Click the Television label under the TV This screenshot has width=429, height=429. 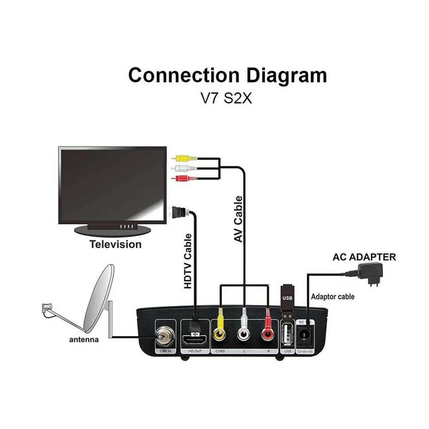(115, 245)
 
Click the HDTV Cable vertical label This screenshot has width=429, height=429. (187, 261)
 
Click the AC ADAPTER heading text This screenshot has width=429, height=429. (364, 258)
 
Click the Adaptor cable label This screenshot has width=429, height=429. (333, 297)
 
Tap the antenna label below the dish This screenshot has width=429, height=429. (84, 339)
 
